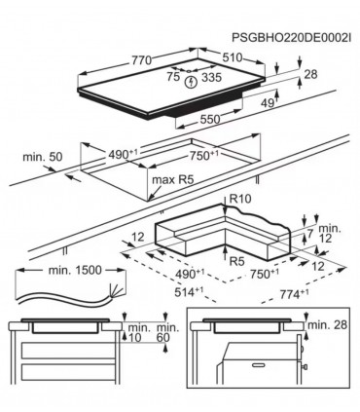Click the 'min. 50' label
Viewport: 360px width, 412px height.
coord(43,156)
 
